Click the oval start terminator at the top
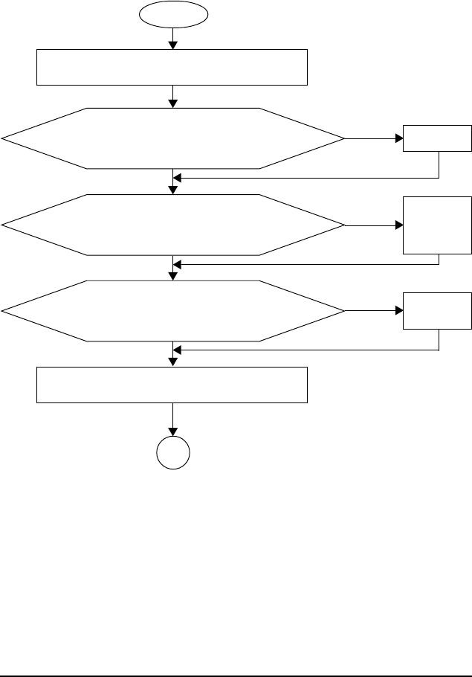coord(173,13)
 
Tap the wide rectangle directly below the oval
coord(172,67)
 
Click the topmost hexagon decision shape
coord(173,138)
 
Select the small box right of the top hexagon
coord(437,138)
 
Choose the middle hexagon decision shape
coord(173,224)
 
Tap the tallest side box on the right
coord(437,225)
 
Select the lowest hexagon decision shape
coord(173,310)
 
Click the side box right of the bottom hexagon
coord(437,310)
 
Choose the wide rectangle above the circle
coord(172,385)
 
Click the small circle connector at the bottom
coord(173,452)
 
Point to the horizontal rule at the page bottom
coord(236,655)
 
